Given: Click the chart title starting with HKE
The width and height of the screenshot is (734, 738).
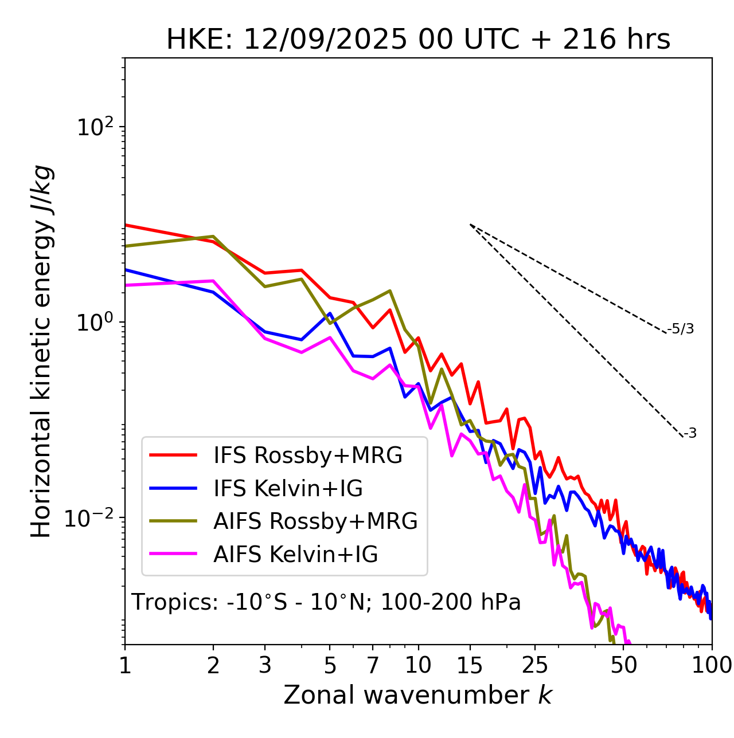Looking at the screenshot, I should coord(418,40).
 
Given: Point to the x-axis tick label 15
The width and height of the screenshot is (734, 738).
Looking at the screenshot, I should coord(470,665).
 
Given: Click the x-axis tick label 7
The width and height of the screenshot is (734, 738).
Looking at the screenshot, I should coord(373,665).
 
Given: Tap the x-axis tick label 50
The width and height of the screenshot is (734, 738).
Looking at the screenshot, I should coord(624,665).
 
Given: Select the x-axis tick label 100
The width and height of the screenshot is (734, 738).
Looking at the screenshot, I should coord(712,665).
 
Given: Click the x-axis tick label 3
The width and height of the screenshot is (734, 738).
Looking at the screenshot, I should coord(265,665).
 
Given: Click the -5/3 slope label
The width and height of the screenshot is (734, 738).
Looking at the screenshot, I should coord(681,329).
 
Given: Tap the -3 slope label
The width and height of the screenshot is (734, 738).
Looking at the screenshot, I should coord(690,433).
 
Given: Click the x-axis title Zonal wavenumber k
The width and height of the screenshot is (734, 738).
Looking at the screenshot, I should coord(418,695).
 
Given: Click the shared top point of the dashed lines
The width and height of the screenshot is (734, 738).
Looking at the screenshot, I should coord(470,225).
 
